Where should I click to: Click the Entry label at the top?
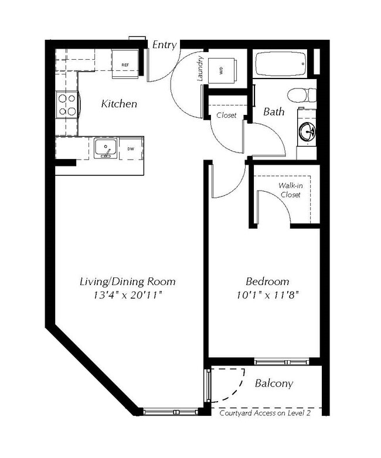pos(164,45)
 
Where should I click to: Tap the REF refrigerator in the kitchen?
pos(125,65)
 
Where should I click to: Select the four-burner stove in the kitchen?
pos(67,105)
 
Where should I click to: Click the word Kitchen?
pos(119,104)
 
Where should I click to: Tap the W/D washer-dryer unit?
pos(220,70)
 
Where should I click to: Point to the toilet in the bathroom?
pos(303,94)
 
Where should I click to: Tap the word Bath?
pos(274,111)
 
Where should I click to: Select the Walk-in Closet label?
pos(290,190)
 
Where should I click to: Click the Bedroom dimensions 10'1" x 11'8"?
pos(267,295)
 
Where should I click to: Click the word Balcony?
pos(274,384)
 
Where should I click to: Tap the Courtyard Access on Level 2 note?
pos(264,413)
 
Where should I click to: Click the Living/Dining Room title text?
pos(127,281)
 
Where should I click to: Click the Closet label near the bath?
pos(226,116)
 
